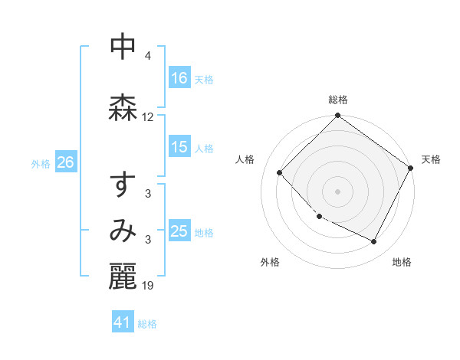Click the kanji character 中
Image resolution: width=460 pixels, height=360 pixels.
123,47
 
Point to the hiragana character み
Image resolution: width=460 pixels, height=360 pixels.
123,231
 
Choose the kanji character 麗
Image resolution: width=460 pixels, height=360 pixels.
123,277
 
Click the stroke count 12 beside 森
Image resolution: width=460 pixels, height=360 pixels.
148,117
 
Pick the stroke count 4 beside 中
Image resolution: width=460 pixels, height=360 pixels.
147,56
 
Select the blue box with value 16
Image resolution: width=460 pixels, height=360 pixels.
179,78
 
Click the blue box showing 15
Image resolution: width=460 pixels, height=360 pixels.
179,147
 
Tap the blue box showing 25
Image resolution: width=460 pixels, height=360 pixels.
179,231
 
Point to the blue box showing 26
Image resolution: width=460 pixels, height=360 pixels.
65,162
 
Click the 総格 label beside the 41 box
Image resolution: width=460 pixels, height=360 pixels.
147,324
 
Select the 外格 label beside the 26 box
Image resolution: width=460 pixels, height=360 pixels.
41,163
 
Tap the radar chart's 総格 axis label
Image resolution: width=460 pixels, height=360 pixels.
338,100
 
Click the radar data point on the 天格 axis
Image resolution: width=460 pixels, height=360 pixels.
410,168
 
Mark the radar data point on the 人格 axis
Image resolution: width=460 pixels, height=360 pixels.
280,172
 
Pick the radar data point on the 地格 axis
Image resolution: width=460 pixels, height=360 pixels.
374,241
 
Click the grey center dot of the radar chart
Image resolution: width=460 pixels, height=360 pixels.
338,191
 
